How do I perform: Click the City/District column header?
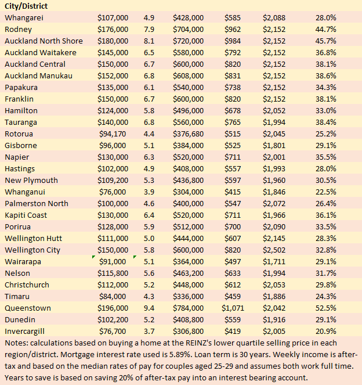[26, 6]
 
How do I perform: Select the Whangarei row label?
[24, 17]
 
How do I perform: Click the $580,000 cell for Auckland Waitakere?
[188, 52]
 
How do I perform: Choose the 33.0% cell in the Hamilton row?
[326, 110]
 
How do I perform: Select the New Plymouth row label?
[31, 180]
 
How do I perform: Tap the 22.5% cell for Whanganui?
[326, 192]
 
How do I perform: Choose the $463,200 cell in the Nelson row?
[188, 273]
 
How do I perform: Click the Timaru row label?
[19, 296]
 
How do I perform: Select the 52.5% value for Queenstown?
[326, 308]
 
